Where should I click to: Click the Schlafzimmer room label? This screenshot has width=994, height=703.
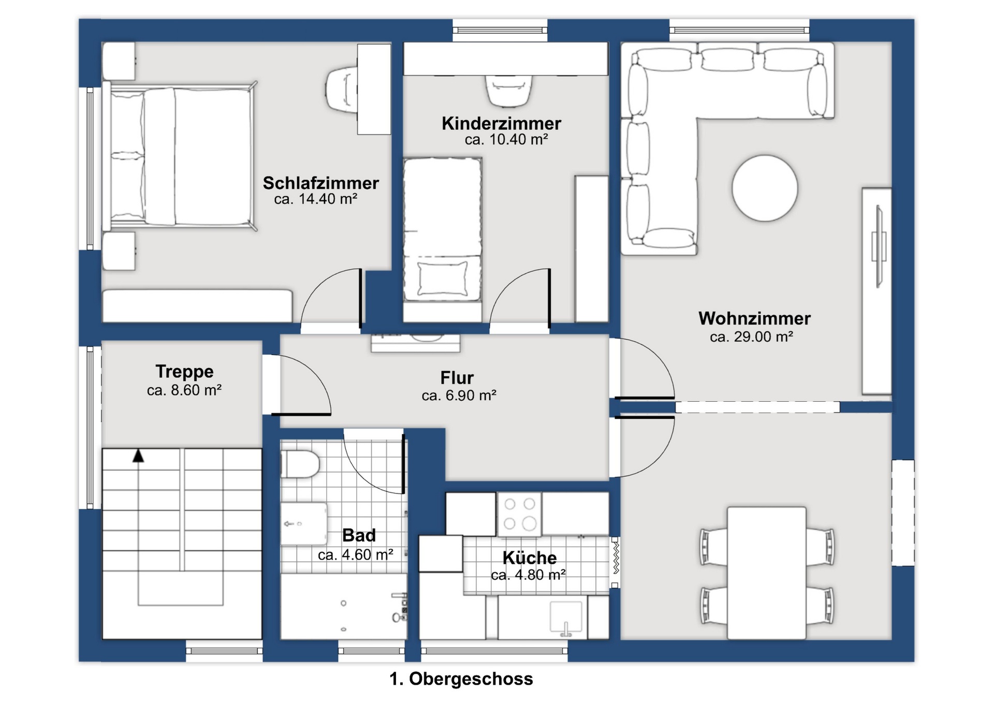coord(320,183)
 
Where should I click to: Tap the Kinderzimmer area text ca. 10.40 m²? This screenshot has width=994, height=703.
coord(506,139)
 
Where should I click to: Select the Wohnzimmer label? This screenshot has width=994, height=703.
coord(754,318)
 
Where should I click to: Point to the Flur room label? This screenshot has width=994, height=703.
coord(457,377)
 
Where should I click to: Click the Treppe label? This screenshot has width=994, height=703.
coord(184,372)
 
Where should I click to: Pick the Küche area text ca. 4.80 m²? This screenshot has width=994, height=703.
coord(528,575)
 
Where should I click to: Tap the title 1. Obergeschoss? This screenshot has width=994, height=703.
coord(461,679)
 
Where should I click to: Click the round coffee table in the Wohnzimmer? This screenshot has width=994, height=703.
coord(765,188)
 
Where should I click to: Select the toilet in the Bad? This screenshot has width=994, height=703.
coord(300,464)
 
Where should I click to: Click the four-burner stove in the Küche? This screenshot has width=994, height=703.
coord(519,514)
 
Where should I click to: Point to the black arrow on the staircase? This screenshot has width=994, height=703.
coord(138,456)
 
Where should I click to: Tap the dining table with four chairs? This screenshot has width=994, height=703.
coord(766,573)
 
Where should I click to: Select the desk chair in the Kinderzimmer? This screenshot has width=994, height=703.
coord(508,90)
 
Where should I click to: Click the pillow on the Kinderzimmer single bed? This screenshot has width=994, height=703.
coord(443,279)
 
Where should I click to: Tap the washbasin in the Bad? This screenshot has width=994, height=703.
coord(304,523)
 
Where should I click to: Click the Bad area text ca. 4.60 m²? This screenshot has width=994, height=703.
coord(355,554)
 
